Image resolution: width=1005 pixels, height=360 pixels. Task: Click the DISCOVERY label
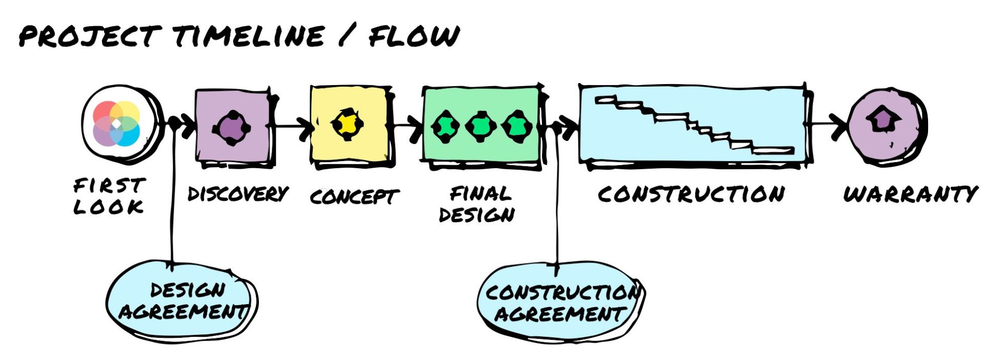click(238, 194)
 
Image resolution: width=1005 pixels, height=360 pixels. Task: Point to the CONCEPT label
click(354, 196)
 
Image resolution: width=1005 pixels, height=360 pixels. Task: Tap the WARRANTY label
click(911, 194)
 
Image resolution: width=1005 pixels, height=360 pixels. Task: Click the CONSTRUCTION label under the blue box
click(691, 194)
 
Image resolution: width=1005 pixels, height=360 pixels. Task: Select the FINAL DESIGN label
click(477, 204)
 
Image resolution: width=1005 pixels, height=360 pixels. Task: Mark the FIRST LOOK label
click(109, 195)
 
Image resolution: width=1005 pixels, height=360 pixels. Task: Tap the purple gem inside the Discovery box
click(231, 128)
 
